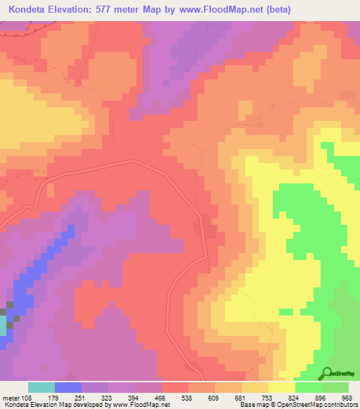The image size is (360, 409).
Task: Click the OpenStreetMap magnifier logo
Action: click(x=328, y=373)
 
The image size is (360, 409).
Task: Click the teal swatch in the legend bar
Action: click(x=41, y=387)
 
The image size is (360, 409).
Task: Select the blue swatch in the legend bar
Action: click(x=67, y=387)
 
